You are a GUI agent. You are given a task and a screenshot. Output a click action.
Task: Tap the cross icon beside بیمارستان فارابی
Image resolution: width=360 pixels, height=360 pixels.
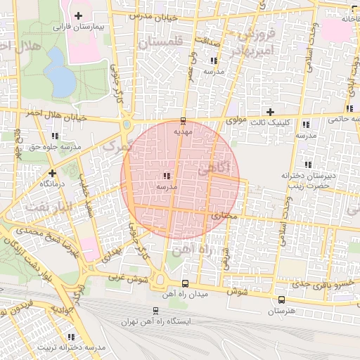(77, 15)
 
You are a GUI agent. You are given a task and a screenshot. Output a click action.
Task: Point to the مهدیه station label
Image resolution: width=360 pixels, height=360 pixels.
(183, 131)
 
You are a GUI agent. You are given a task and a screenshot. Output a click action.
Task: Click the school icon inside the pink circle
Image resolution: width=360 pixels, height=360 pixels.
(166, 176)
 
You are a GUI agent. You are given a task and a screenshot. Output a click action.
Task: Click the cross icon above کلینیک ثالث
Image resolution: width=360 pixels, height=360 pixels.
(269, 112)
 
